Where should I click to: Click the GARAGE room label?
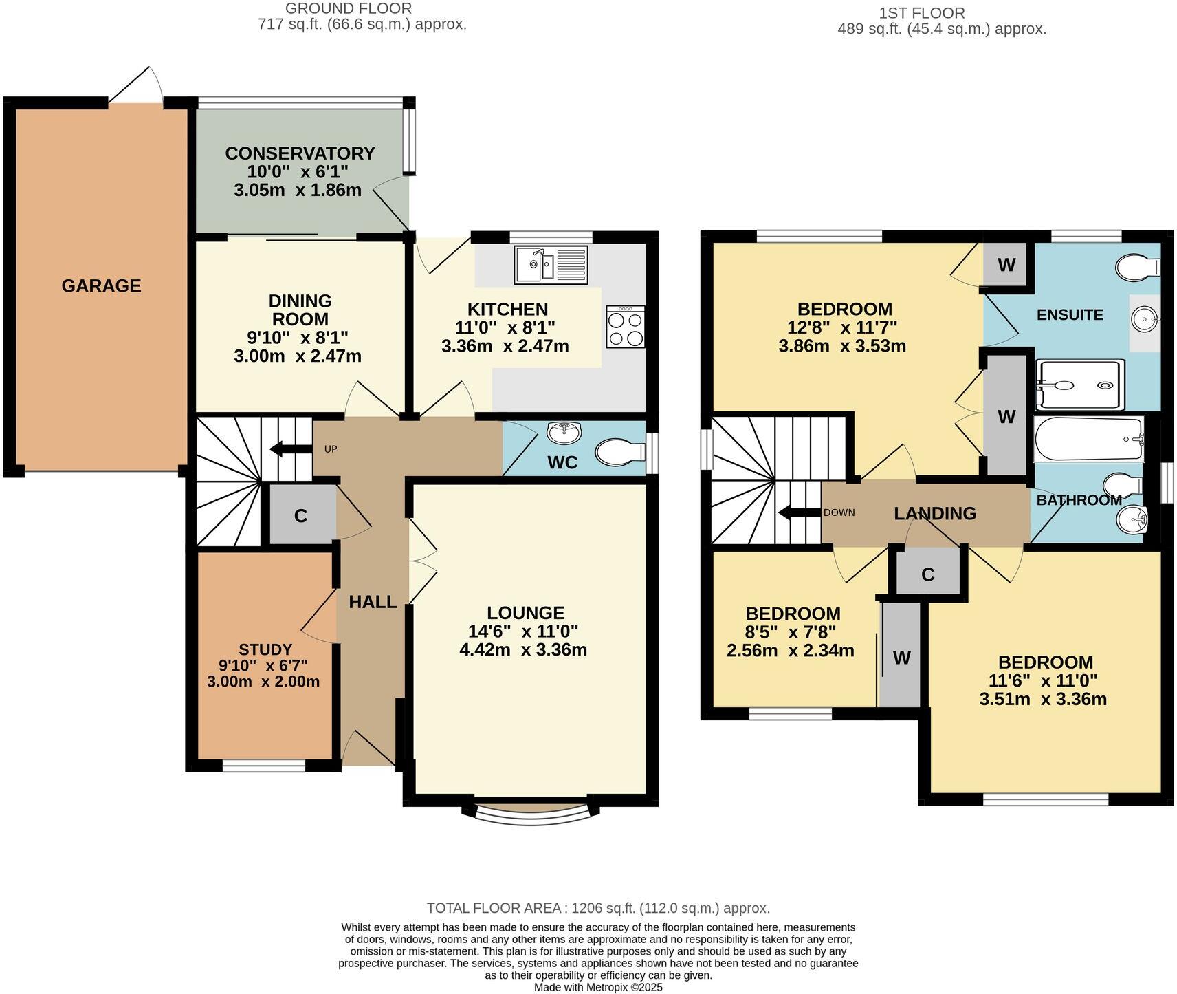[101, 285]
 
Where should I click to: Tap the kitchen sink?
[551, 265]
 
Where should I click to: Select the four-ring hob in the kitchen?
[626, 327]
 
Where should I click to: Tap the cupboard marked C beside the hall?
[301, 515]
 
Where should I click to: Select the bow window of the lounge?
[532, 813]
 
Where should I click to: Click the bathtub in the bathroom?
[1088, 439]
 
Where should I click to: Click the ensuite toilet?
[1138, 267]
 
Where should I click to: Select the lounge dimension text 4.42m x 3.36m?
[523, 649]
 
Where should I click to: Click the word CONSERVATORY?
[300, 153]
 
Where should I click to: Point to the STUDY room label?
[265, 649]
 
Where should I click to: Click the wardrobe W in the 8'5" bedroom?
[901, 658]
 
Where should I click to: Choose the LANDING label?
[935, 513]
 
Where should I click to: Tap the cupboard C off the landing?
[928, 574]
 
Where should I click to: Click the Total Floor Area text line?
[597, 908]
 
